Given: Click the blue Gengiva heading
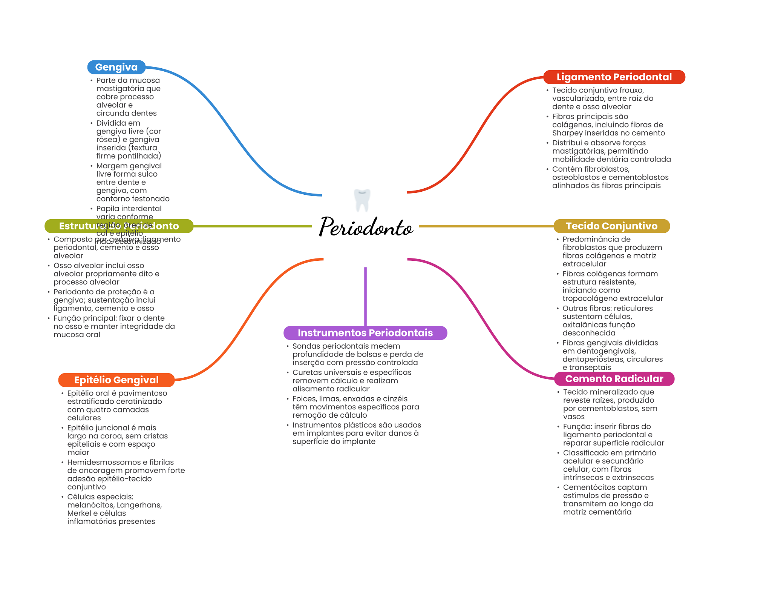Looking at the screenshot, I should pyautogui.click(x=116, y=67).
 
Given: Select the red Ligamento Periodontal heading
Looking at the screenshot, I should pyautogui.click(x=614, y=77).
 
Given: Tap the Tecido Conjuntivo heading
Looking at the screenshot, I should pyautogui.click(x=611, y=226).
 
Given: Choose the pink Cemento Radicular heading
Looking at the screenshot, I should pyautogui.click(x=614, y=379).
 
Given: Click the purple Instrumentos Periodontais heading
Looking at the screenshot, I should pyautogui.click(x=365, y=333).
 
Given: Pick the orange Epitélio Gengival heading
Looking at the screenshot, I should pyautogui.click(x=116, y=380).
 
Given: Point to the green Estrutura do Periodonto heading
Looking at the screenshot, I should pyautogui.click(x=119, y=226).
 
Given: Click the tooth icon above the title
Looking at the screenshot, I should pyautogui.click(x=362, y=200).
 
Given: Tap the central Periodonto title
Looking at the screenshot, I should pyautogui.click(x=366, y=227).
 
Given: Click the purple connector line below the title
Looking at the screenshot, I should pyautogui.click(x=365, y=296).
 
